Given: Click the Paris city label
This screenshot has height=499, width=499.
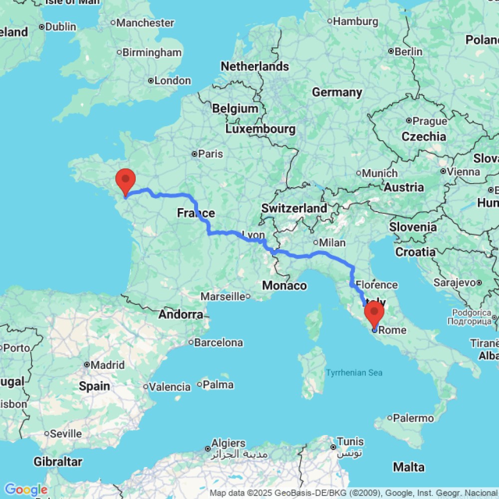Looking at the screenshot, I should click(x=210, y=154).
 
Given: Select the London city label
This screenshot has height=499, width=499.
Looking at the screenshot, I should click(x=172, y=81).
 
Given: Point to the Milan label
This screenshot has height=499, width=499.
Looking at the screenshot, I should click(x=332, y=243).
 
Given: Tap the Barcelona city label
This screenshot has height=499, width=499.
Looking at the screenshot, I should click(x=219, y=343).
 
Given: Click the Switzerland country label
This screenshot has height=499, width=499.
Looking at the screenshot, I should click(x=294, y=208).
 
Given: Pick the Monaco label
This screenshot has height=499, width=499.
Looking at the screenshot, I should click(x=284, y=285).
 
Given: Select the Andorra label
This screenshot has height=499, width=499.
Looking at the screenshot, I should click(x=181, y=315).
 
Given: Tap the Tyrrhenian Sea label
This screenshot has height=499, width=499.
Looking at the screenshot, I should click(x=354, y=372).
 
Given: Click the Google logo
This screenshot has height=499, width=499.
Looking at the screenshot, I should click(x=25, y=490).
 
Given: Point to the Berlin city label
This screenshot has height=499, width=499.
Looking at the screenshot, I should click(x=408, y=52).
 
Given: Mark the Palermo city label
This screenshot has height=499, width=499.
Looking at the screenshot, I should click(x=413, y=418).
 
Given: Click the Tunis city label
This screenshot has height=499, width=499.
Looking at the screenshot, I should click(x=350, y=442).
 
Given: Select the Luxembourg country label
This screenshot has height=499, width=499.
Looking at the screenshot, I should click(x=260, y=129).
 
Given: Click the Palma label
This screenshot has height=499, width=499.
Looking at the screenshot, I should click(x=218, y=385).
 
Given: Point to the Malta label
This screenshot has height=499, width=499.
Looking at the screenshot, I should click(x=409, y=468).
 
